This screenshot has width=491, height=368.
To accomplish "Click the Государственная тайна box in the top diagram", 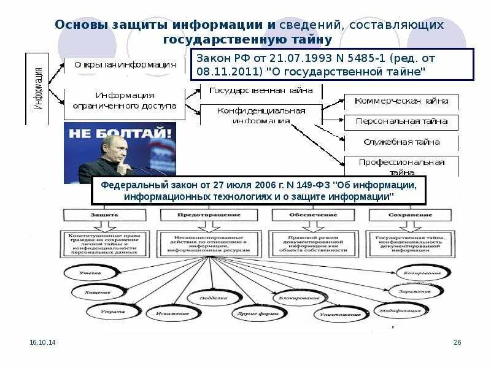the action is click(x=261, y=91).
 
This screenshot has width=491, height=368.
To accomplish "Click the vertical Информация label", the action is click(x=37, y=88).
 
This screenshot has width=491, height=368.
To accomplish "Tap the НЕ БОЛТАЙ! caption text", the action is click(x=120, y=133).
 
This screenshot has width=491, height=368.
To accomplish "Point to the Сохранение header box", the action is click(x=409, y=215).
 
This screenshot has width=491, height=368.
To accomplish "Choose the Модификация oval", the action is click(x=400, y=310).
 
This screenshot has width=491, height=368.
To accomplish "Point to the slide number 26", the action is click(x=457, y=342).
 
